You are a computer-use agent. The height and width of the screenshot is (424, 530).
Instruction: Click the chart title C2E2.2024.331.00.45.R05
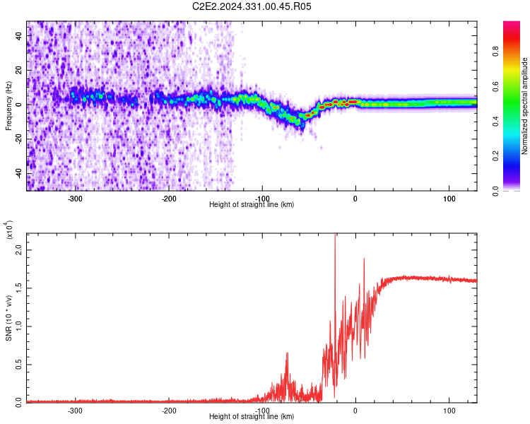[252, 6]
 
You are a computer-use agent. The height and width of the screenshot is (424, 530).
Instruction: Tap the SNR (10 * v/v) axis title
[8, 317]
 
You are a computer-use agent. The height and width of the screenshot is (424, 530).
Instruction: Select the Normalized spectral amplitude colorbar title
[524, 106]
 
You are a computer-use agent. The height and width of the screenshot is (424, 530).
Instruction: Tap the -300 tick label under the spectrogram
[76, 199]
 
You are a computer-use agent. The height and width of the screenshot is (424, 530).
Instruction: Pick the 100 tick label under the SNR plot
[449, 411]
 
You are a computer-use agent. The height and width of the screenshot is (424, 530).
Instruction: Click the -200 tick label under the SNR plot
[169, 411]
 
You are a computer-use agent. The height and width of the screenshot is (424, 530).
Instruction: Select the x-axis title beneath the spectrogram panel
[252, 205]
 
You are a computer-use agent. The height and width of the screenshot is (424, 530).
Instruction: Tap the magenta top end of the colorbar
[512, 25]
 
